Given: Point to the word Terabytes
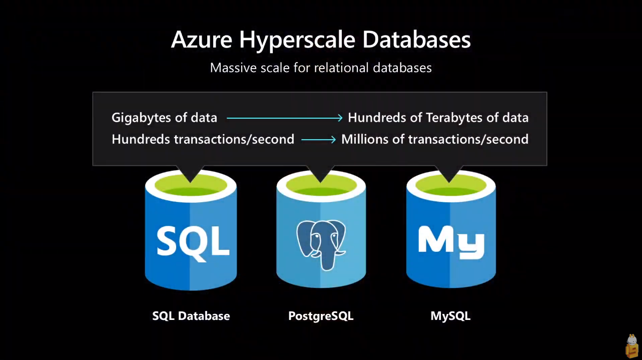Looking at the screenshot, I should (x=456, y=118).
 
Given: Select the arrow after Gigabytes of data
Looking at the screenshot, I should (x=284, y=118).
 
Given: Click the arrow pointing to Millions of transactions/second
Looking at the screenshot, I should (x=318, y=140).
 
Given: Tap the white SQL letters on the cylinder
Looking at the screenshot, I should (x=193, y=241).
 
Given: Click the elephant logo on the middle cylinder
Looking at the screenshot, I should (x=320, y=243).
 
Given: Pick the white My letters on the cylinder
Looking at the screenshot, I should (x=451, y=241).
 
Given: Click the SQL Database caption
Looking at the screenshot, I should (x=191, y=316).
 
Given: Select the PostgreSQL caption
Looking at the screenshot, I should (x=321, y=316).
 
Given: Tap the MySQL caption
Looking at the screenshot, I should (x=450, y=316).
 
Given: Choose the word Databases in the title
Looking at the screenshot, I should (x=416, y=40).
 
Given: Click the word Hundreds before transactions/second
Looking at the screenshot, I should (x=141, y=139).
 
